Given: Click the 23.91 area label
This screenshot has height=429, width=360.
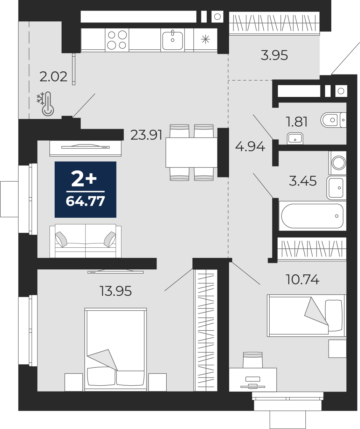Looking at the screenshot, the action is tap(146, 135).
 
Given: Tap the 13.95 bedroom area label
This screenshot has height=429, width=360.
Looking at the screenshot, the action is tap(116, 291).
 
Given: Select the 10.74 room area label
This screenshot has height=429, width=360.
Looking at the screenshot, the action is tap(303, 280).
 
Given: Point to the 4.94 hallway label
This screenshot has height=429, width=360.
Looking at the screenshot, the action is tap(250, 147).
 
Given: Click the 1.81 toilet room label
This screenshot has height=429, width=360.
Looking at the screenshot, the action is tap(297, 122).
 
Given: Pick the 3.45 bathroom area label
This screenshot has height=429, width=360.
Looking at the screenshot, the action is tap(303, 181).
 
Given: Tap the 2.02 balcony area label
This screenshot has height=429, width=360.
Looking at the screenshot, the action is tap(53, 77).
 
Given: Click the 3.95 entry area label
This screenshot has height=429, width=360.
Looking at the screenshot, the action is tap(274, 55).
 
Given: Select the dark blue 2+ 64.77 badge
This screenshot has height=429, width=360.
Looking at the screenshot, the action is tap(85, 189).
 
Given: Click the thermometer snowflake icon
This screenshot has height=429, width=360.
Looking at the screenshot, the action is tap(46, 104).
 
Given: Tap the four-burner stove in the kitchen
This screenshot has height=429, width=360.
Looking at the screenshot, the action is tap(117, 40).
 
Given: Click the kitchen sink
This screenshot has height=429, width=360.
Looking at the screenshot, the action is tap(173, 40).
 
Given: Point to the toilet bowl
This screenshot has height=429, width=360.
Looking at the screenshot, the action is tap(333, 120).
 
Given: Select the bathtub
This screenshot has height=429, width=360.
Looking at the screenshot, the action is tap(312, 216).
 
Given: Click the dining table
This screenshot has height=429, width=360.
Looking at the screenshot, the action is tap(192, 153).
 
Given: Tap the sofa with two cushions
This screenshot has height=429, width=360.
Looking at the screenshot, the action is tap(85, 241).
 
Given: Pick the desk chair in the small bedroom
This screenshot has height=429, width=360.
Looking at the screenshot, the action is tap(253, 360).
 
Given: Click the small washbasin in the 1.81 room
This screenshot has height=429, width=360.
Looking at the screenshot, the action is tap(295, 139).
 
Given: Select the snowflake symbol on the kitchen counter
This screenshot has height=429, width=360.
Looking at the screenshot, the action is tap(206, 39).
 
